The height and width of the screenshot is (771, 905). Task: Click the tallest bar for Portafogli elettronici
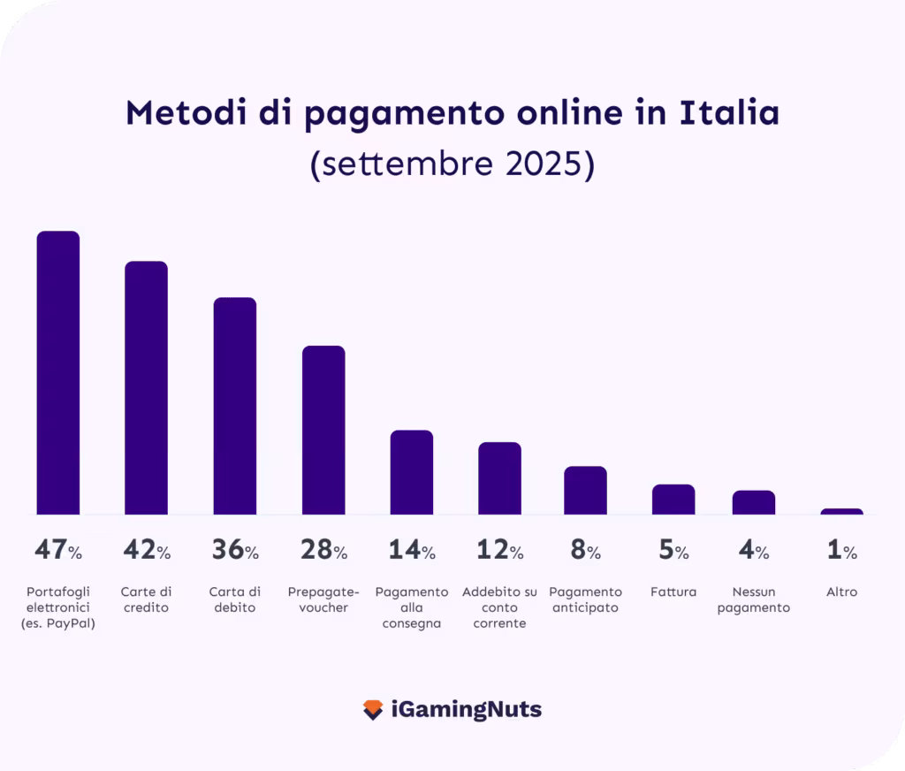(x=58, y=372)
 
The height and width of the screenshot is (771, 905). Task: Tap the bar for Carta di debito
(x=235, y=406)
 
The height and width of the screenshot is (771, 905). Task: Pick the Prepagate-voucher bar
(x=323, y=430)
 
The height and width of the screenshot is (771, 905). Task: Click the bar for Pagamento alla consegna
(x=412, y=472)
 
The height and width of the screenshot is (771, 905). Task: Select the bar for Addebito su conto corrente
(x=499, y=478)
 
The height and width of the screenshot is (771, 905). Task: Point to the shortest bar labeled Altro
(x=841, y=511)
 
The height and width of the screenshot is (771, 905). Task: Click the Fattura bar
(x=673, y=500)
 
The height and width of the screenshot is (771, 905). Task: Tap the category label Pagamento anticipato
(x=585, y=599)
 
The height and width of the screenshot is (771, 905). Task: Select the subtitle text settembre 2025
(x=452, y=164)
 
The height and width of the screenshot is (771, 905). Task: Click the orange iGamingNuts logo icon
(x=373, y=709)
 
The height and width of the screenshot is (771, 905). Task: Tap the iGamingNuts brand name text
(x=466, y=709)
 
